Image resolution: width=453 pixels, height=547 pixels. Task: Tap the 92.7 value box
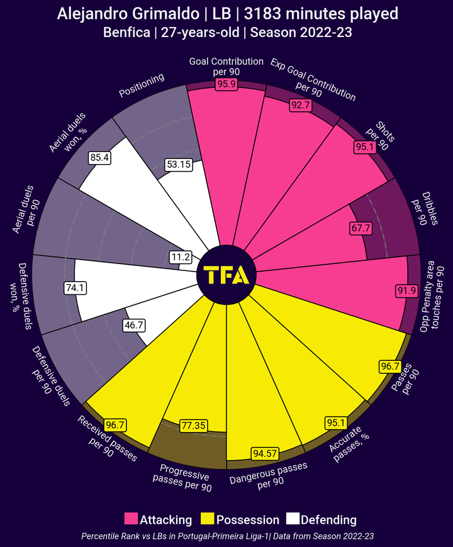[300, 105]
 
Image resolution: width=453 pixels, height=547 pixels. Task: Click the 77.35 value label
[194, 425]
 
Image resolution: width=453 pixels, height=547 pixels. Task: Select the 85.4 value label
[100, 158]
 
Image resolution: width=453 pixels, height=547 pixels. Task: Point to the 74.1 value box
[74, 287]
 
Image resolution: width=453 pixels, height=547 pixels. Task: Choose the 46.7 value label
[134, 326]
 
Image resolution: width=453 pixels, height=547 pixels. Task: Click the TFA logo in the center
[226, 275]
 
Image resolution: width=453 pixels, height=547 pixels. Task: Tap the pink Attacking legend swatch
[131, 519]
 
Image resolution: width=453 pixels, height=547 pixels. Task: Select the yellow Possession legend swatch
[208, 519]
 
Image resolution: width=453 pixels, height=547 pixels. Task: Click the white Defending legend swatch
[293, 519]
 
